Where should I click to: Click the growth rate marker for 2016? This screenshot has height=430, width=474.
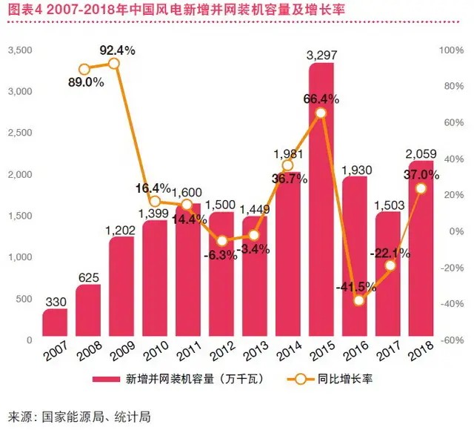pyautogui.click(x=360, y=300)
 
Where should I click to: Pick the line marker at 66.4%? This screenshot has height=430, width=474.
pyautogui.click(x=320, y=113)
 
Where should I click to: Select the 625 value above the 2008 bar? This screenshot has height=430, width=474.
pyautogui.click(x=87, y=278)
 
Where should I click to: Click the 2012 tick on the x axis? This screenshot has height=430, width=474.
pyautogui.click(x=221, y=351)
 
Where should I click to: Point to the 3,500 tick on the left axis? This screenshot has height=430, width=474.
pyautogui.click(x=20, y=50)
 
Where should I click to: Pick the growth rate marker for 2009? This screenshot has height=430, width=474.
pyautogui.click(x=113, y=64)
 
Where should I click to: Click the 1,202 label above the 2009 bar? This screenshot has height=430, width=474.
pyautogui.click(x=121, y=230)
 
